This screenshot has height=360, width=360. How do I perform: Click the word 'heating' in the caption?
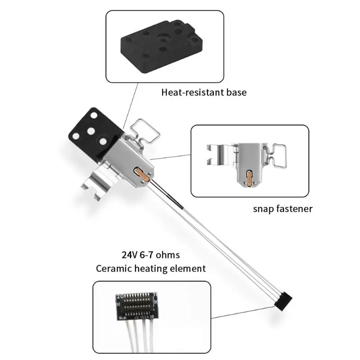(x=151, y=269)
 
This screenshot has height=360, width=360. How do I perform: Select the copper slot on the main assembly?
(x=141, y=173)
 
